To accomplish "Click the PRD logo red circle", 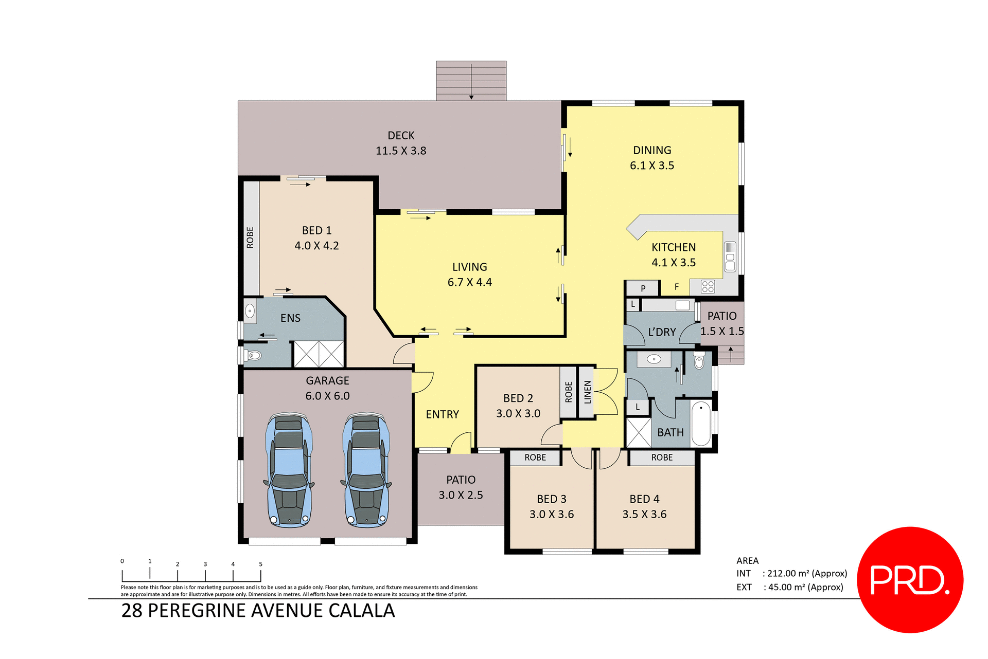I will point(910,579).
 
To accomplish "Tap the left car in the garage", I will point(289,470).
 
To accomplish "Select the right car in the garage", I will point(366,470).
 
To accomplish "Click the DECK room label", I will point(401,136).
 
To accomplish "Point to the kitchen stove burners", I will point(708,286).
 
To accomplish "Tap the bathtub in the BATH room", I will point(701,424).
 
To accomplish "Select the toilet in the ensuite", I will point(253,355).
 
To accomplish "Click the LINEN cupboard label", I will point(587,392).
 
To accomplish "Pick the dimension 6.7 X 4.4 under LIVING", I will point(469,282).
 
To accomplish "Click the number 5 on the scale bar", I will point(260,564).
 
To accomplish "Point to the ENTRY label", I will point(442,414).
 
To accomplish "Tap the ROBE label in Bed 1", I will point(250,237).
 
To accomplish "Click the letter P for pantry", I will point(643,288).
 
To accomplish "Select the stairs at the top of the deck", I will point(471,81).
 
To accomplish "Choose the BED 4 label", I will point(644,499).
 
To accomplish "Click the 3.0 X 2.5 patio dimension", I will point(461,495).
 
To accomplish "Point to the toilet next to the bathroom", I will point(699,362).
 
